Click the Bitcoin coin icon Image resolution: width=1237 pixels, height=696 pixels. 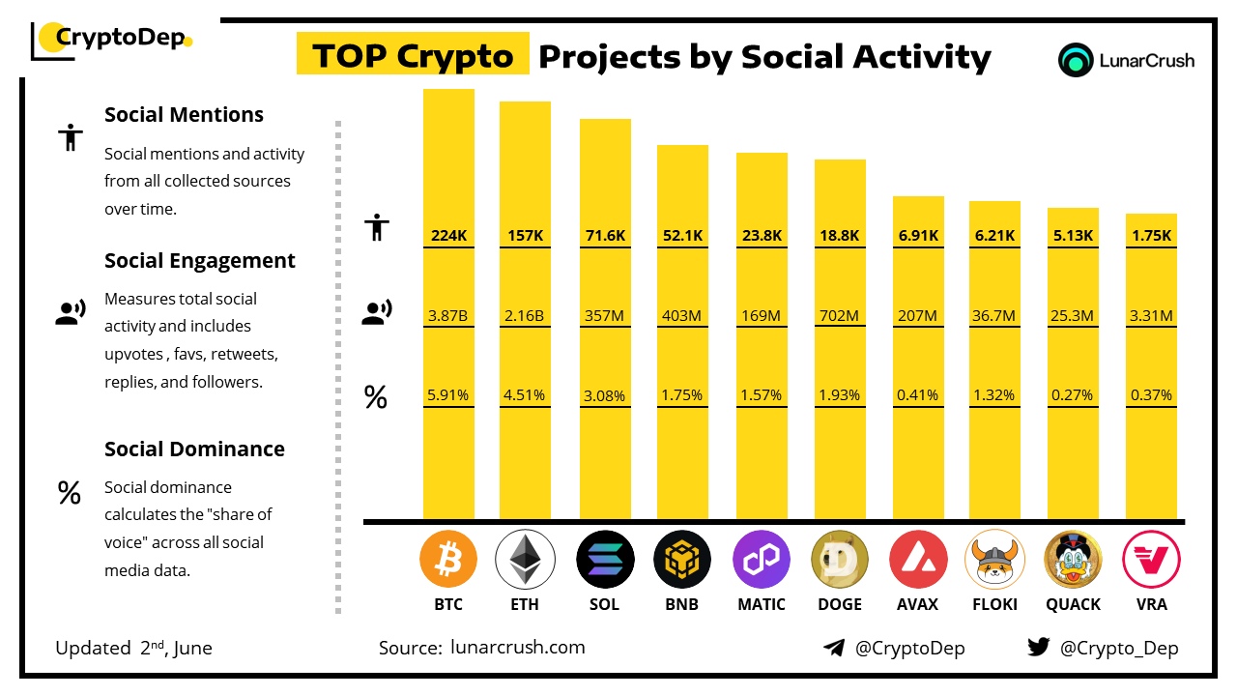(x=448, y=560)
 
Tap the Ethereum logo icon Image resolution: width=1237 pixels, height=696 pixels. (x=525, y=560)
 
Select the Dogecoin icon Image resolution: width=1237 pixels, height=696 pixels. (x=840, y=560)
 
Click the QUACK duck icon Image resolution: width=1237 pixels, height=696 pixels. (x=1073, y=560)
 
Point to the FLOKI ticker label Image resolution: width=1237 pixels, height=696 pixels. (x=994, y=604)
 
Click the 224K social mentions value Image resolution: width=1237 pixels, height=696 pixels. (x=448, y=235)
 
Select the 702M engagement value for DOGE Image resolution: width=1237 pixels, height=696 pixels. (x=840, y=315)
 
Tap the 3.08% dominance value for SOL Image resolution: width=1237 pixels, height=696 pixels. (x=605, y=395)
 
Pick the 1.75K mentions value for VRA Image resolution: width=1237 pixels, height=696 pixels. (x=1152, y=235)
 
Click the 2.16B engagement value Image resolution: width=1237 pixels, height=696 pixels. (x=525, y=315)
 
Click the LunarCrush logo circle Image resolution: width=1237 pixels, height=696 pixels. (x=1075, y=60)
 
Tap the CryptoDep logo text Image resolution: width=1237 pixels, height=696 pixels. (x=120, y=38)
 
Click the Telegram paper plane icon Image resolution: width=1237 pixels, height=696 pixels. (x=834, y=648)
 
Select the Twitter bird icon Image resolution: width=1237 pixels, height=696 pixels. (x=1039, y=647)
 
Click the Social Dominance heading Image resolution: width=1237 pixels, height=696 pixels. (x=194, y=449)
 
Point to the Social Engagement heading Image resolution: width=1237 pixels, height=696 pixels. (x=199, y=260)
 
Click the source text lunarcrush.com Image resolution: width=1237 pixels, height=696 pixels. (x=517, y=648)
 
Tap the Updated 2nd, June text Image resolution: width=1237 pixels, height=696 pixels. (x=133, y=648)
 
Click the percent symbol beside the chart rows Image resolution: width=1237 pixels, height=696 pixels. (x=375, y=396)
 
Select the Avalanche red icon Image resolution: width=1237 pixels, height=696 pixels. (x=918, y=560)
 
